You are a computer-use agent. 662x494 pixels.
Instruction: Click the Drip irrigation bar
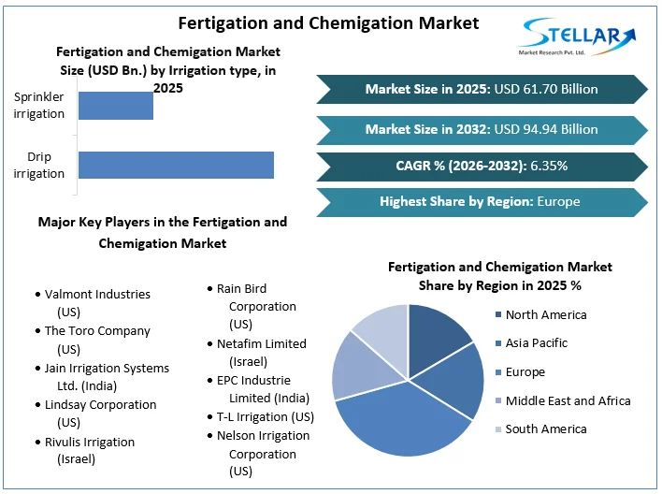click(176, 165)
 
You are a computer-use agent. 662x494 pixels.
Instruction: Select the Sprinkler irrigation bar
click(116, 105)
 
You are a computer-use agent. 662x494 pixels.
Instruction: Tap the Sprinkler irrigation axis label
click(39, 105)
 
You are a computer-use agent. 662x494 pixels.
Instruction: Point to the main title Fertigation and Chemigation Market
click(328, 22)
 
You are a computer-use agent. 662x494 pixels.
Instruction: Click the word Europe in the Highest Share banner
click(558, 201)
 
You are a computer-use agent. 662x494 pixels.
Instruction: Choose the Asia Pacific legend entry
click(536, 343)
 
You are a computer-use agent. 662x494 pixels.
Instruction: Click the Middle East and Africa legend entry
click(568, 400)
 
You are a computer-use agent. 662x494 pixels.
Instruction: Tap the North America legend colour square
click(496, 315)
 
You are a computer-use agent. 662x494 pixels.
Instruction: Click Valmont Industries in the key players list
click(97, 294)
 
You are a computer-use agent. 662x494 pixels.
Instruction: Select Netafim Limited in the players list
click(261, 343)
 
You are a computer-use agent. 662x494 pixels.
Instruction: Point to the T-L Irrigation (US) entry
click(265, 416)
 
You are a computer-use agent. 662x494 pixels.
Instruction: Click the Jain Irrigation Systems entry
click(107, 368)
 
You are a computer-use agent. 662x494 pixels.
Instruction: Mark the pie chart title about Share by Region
click(499, 276)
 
